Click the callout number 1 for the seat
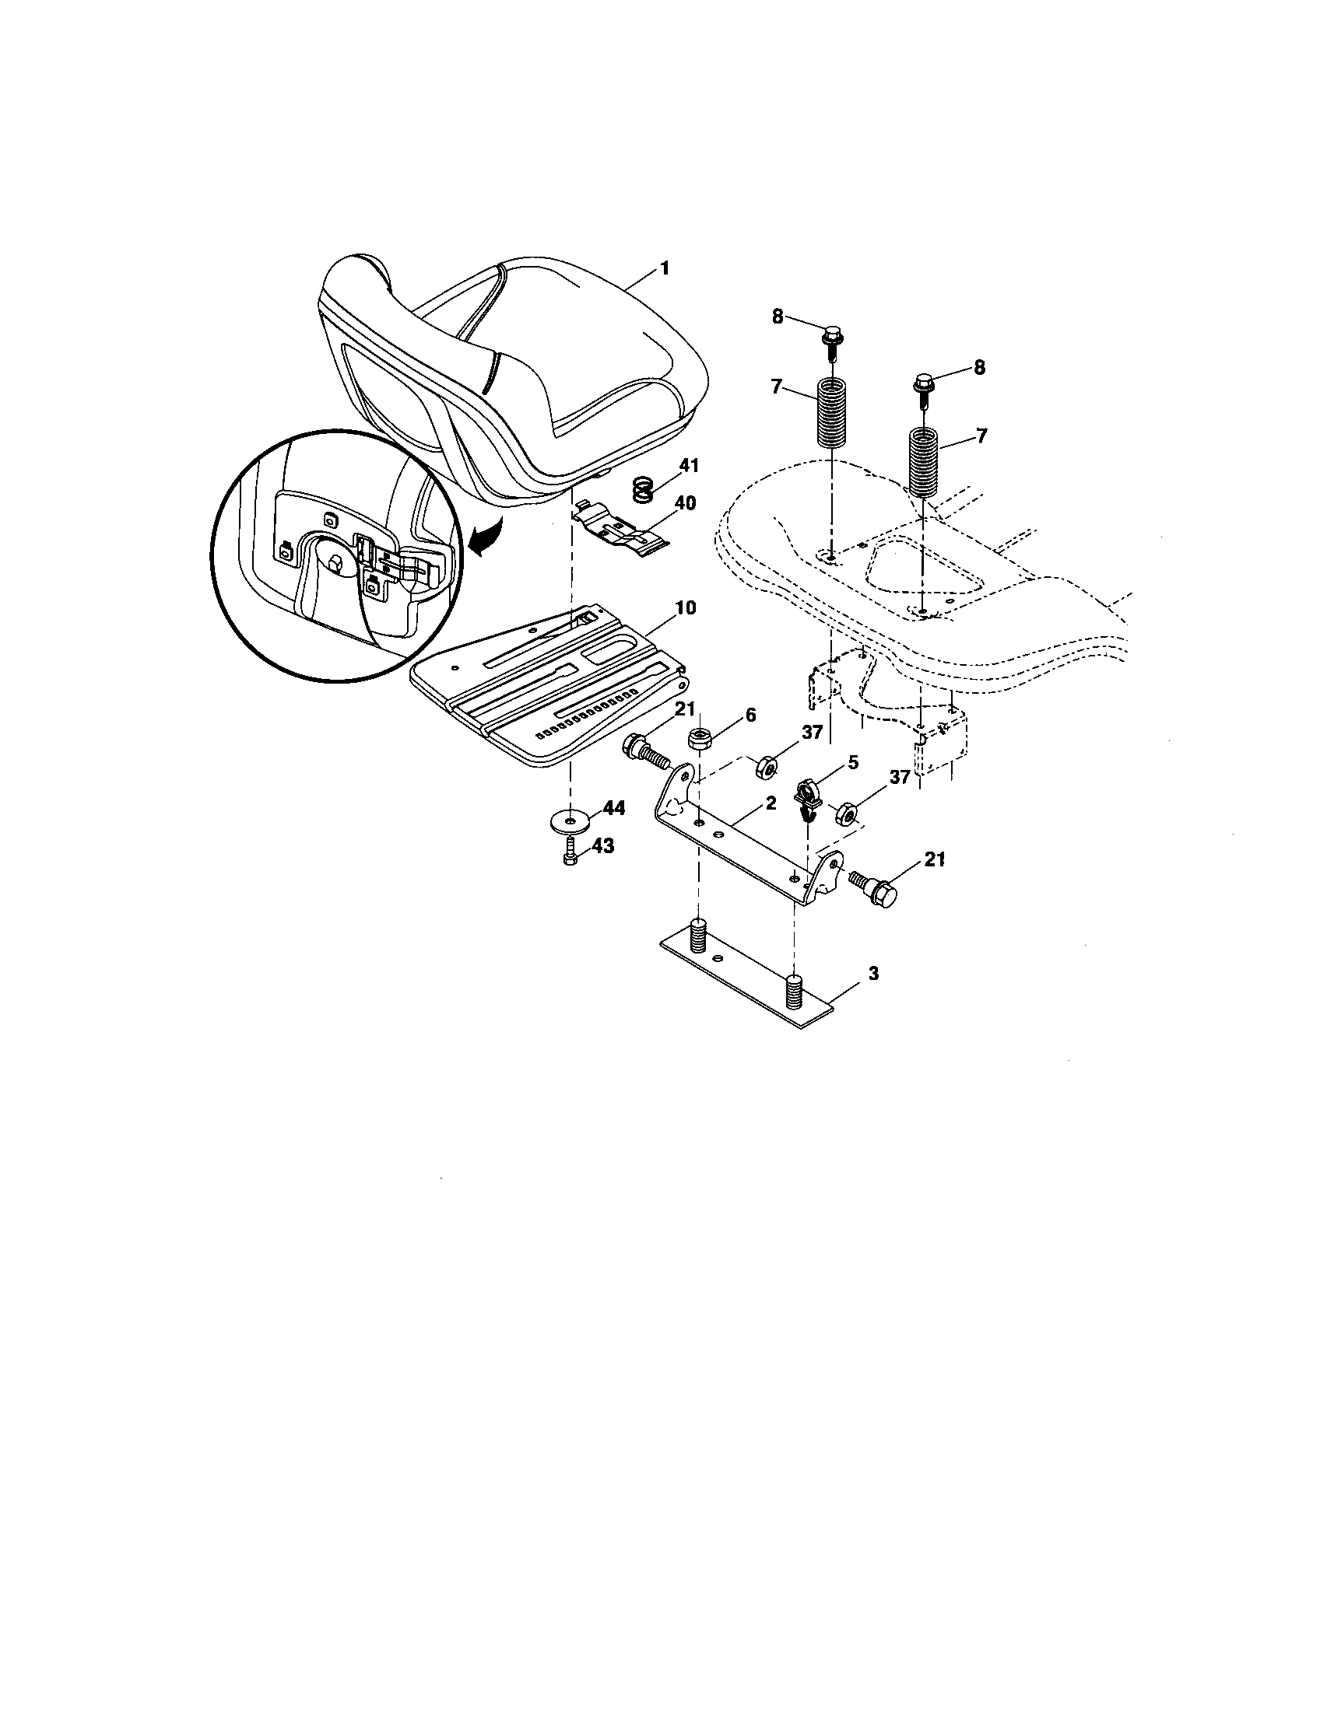click(x=665, y=268)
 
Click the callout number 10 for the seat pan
click(x=685, y=609)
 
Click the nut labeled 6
click(x=698, y=737)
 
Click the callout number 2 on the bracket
click(x=771, y=803)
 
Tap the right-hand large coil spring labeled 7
click(x=925, y=460)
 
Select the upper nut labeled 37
click(x=765, y=765)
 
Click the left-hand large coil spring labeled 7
click(x=834, y=413)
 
